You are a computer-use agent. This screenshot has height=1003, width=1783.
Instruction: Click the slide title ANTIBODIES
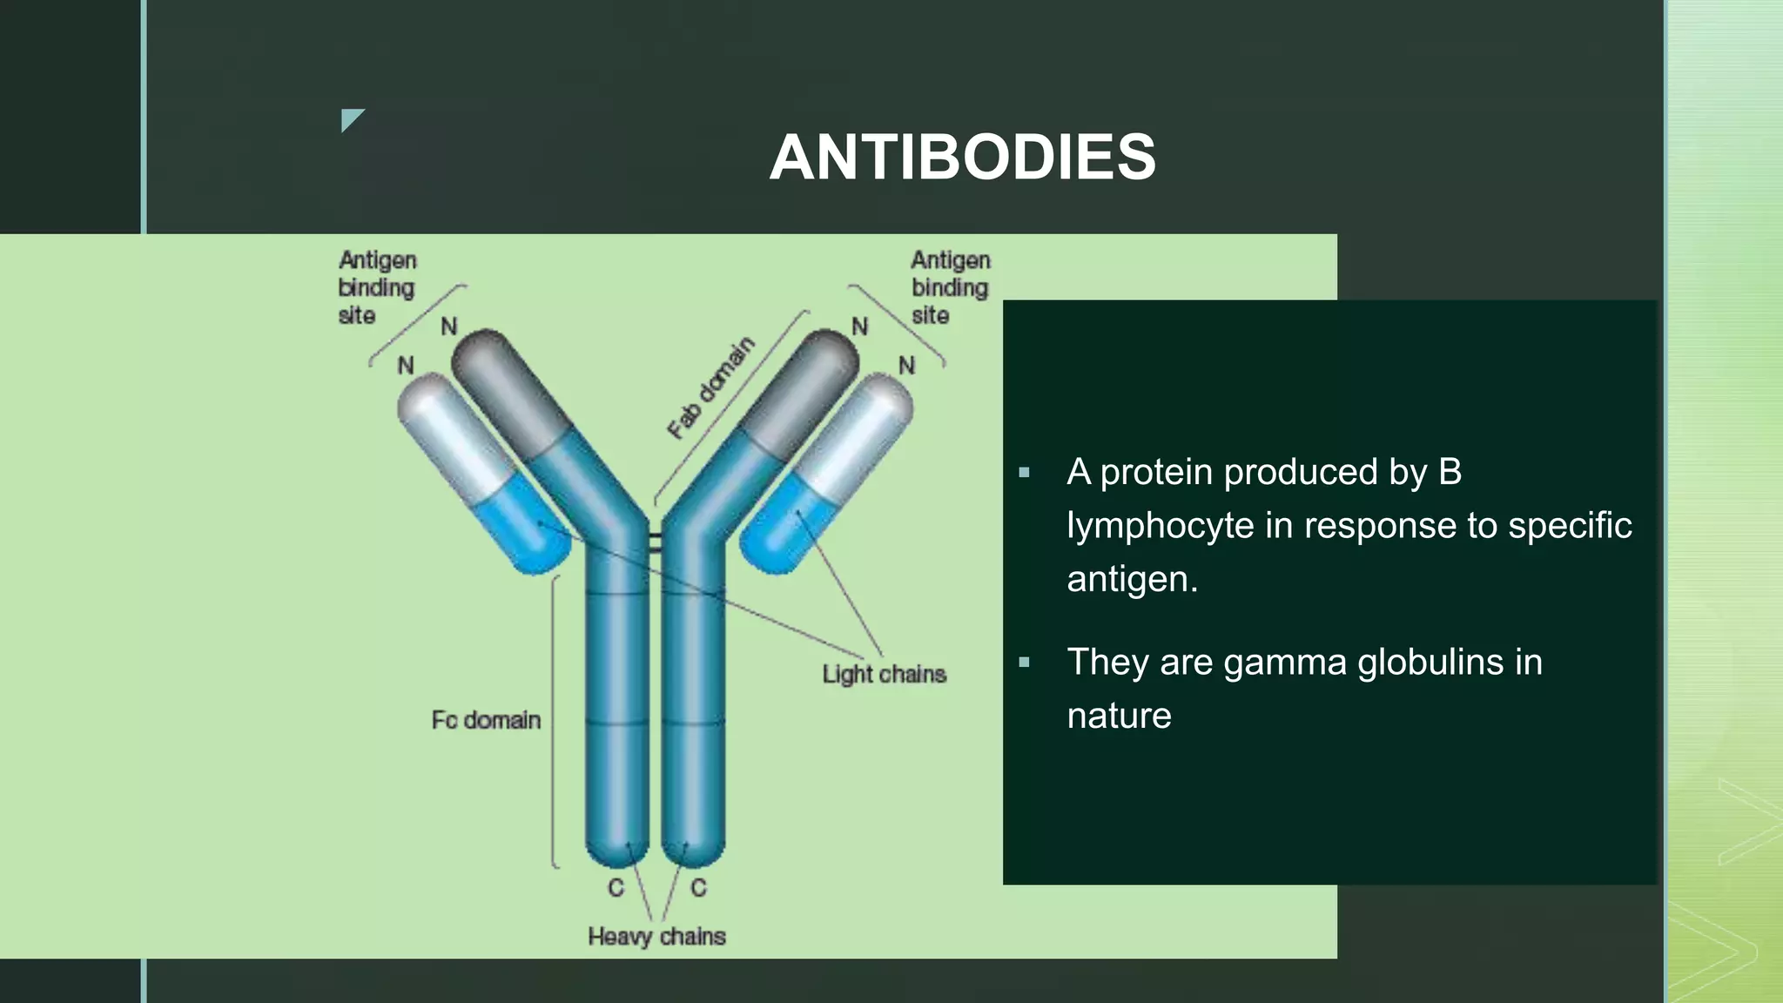tap(962, 158)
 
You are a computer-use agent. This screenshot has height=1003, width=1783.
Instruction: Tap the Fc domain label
tap(486, 720)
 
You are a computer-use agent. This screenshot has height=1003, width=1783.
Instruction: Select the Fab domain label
tap(710, 387)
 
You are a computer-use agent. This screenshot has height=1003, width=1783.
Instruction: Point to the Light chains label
tap(884, 675)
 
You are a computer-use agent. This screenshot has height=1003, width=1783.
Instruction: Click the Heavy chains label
tap(656, 937)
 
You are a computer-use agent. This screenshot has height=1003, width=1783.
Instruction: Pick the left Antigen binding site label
tap(376, 287)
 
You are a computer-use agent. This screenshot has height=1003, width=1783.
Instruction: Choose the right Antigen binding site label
tap(950, 287)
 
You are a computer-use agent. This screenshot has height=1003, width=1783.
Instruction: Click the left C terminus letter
tap(616, 888)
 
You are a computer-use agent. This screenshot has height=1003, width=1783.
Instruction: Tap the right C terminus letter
tap(698, 888)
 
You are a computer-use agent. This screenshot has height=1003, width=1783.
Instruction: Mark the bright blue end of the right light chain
tap(779, 531)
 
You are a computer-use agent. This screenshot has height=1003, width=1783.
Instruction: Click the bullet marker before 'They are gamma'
tap(1024, 663)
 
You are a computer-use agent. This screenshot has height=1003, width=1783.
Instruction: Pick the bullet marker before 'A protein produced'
tap(1024, 473)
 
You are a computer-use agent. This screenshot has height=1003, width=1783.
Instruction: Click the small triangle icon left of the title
tap(350, 118)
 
